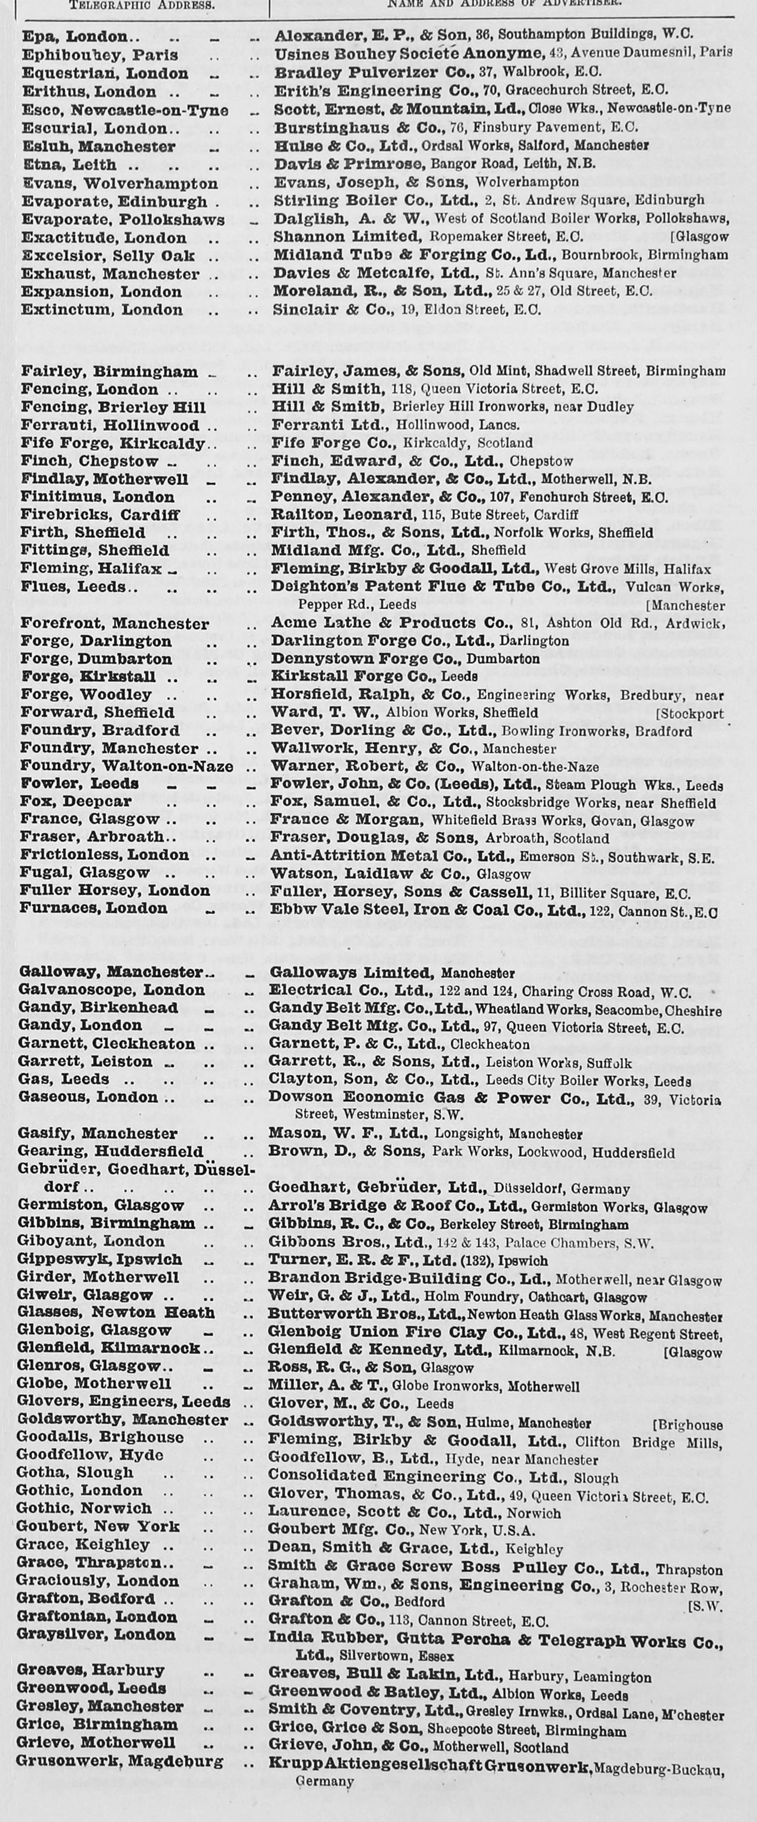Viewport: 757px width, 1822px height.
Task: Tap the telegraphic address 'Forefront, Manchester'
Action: pos(115,624)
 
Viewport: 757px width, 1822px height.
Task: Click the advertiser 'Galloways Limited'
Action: pos(350,973)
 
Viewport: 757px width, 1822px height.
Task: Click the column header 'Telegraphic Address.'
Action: pos(141,4)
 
